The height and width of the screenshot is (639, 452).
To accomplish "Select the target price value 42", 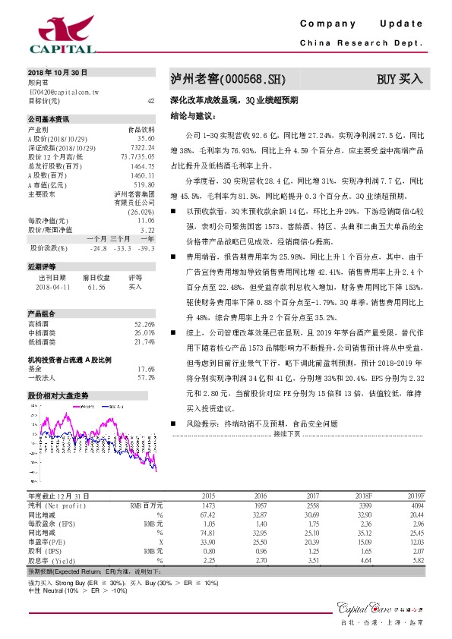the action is pos(150,100).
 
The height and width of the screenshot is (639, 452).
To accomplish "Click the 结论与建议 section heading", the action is pos(193,117).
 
